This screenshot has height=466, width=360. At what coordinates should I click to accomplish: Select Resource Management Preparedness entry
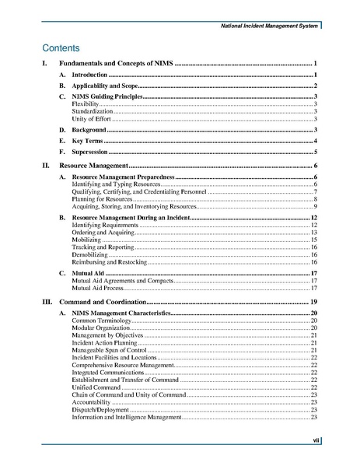[x=123, y=178]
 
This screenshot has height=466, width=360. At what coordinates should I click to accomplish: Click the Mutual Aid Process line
[x=102, y=288]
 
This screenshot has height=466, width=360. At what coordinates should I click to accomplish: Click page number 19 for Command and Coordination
[x=313, y=301]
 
